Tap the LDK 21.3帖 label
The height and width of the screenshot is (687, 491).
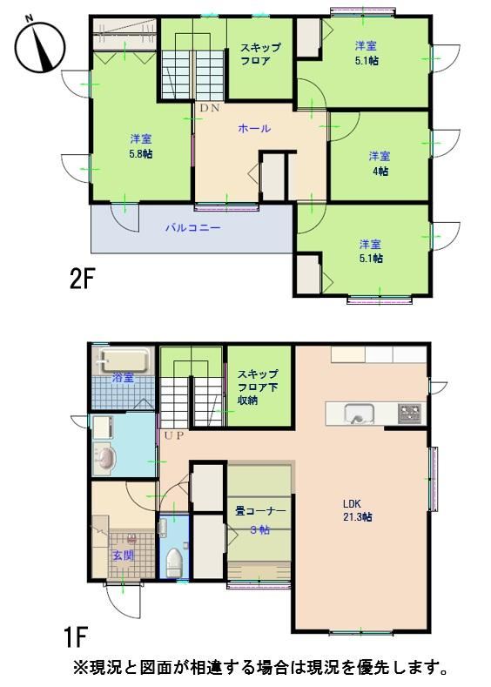pyautogui.click(x=357, y=510)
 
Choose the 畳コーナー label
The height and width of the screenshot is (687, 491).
pyautogui.click(x=260, y=511)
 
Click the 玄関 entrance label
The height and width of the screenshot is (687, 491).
pyautogui.click(x=123, y=556)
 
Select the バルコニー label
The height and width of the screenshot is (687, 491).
pyautogui.click(x=192, y=228)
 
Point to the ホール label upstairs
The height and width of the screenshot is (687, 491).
pyautogui.click(x=254, y=128)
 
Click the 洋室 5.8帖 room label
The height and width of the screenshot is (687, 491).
pyautogui.click(x=141, y=146)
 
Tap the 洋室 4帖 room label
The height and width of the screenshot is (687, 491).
pyautogui.click(x=380, y=163)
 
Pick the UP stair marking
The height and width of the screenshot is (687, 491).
pyautogui.click(x=174, y=435)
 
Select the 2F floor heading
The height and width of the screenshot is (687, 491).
pyautogui.click(x=83, y=279)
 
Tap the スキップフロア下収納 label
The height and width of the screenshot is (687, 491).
pyautogui.click(x=258, y=387)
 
